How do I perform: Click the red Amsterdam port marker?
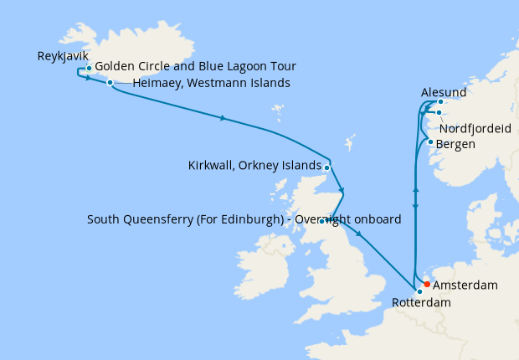click(x=427, y=284)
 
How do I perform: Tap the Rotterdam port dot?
click(x=419, y=291)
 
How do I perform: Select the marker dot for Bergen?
click(x=430, y=141)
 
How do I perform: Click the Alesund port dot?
click(x=440, y=102)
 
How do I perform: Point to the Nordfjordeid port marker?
click(x=438, y=112)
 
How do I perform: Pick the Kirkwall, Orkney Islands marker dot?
click(x=326, y=167)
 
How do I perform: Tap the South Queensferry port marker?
click(x=322, y=221)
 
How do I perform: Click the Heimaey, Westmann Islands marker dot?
click(x=110, y=82)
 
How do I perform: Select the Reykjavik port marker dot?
click(x=89, y=68)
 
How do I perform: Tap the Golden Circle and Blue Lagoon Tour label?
click(x=195, y=66)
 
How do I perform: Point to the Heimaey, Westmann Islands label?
click(x=211, y=83)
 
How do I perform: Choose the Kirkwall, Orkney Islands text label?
click(x=254, y=165)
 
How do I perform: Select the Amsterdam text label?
click(x=465, y=285)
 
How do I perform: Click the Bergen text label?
click(x=456, y=144)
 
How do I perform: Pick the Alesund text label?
click(x=443, y=90)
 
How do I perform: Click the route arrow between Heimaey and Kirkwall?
click(x=222, y=118)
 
